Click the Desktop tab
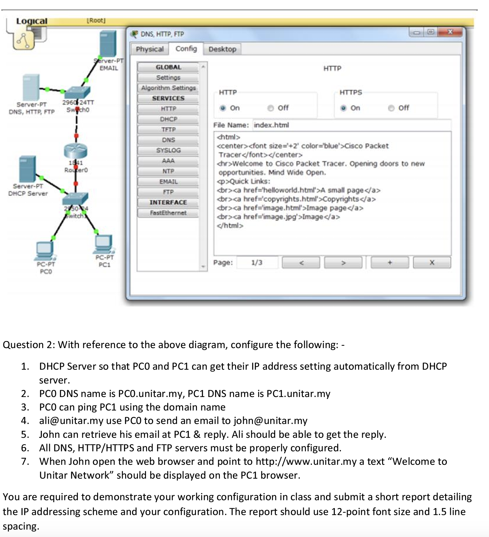click(x=222, y=49)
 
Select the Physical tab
click(x=149, y=49)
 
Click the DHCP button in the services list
click(x=168, y=119)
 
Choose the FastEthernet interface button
click(x=168, y=213)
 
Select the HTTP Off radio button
click(x=270, y=108)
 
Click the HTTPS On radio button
click(x=343, y=108)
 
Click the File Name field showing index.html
click(x=351, y=125)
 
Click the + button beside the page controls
click(x=390, y=262)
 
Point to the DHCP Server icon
click(x=27, y=169)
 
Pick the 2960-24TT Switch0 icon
click(x=78, y=92)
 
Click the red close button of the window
click(x=450, y=32)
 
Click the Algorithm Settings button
click(x=168, y=88)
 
